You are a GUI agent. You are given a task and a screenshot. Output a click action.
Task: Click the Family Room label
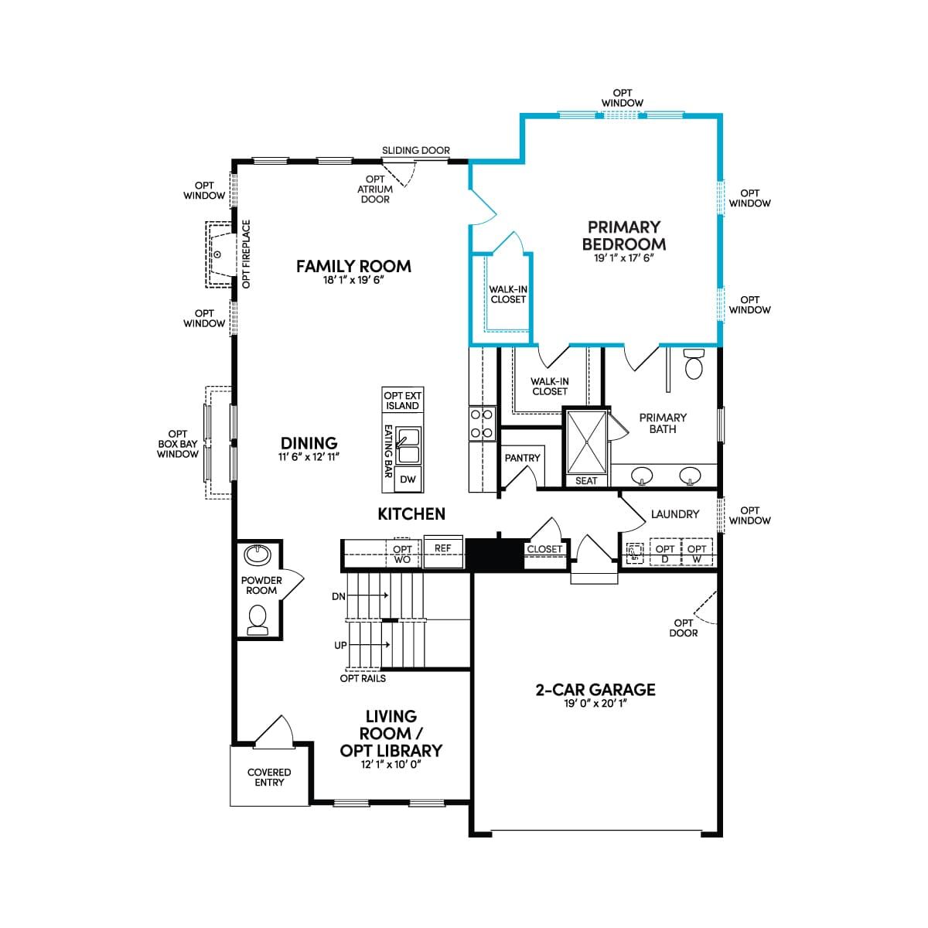[353, 266]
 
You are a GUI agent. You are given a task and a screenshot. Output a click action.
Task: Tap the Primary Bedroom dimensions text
[623, 258]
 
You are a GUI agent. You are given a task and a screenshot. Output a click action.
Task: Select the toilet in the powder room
[258, 620]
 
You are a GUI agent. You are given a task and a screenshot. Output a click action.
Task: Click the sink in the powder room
[258, 554]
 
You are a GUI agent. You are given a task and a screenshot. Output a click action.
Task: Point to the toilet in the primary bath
[694, 364]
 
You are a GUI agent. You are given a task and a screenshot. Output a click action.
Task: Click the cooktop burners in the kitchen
[482, 423]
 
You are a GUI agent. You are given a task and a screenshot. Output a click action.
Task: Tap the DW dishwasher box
[408, 479]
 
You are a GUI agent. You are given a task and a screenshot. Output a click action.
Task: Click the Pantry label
[522, 458]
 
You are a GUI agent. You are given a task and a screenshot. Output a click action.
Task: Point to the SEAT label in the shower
[586, 480]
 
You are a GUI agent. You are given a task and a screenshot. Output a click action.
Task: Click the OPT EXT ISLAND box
[403, 400]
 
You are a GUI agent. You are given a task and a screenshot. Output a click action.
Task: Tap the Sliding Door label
[416, 150]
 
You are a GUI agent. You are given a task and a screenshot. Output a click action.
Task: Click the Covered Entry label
[269, 777]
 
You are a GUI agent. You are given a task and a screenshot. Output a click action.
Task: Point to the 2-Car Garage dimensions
[595, 704]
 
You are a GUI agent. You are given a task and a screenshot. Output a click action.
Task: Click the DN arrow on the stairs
[367, 595]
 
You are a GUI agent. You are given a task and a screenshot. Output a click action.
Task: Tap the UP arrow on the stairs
[369, 645]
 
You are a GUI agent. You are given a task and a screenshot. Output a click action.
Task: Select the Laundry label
[674, 514]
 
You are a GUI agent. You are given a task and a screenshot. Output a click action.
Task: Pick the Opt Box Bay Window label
[178, 444]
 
